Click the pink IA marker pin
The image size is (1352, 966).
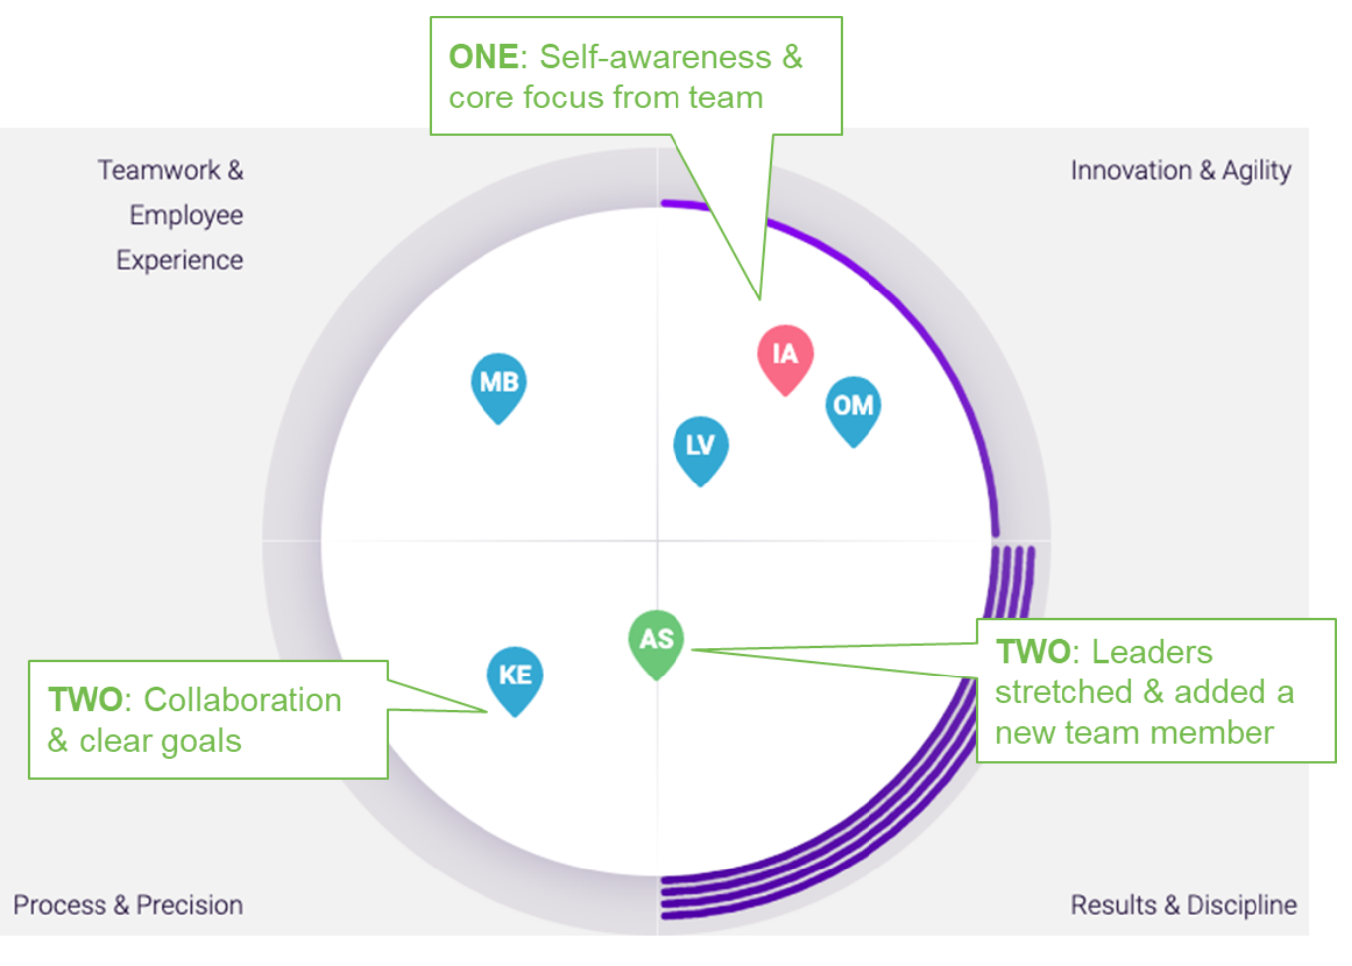(x=785, y=356)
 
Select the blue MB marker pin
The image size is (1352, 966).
(x=498, y=384)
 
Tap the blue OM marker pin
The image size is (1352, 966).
(x=853, y=408)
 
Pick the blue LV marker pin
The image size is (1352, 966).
(x=700, y=447)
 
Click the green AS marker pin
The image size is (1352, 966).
(x=656, y=641)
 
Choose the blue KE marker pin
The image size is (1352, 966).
(x=514, y=677)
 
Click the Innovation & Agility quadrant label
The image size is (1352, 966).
(x=1181, y=171)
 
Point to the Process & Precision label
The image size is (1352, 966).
(x=127, y=905)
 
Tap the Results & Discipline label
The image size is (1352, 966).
(x=1183, y=905)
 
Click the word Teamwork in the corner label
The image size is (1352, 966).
(x=159, y=170)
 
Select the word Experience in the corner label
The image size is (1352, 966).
(x=179, y=260)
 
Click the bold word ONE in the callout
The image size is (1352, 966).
(x=483, y=57)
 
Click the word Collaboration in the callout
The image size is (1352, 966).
(x=243, y=700)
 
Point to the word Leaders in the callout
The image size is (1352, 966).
(x=1152, y=652)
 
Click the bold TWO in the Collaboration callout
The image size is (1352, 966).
(x=86, y=700)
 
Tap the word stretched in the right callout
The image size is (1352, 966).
(x=1063, y=692)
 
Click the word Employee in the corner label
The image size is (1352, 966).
(x=186, y=215)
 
